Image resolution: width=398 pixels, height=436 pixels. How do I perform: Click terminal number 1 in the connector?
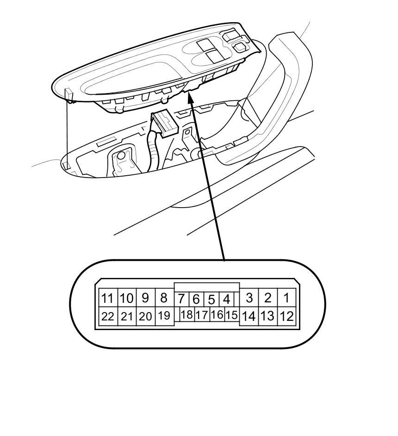click(286, 298)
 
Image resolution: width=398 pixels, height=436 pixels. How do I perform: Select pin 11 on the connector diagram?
click(107, 298)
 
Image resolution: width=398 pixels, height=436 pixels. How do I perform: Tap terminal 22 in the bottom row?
click(107, 317)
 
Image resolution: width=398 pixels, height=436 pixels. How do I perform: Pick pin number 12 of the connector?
click(286, 317)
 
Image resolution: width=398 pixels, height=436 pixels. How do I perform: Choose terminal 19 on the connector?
click(164, 317)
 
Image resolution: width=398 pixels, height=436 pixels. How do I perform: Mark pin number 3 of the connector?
click(249, 298)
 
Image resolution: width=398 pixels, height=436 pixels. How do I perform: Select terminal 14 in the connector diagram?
click(249, 317)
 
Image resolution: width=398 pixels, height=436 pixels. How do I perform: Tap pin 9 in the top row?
click(145, 298)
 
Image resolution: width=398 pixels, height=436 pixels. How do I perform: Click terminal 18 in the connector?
click(187, 315)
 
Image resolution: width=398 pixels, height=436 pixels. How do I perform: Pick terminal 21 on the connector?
click(127, 317)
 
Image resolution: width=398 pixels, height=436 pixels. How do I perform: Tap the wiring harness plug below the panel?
click(163, 123)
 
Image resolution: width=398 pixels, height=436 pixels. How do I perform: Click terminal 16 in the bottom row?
click(217, 315)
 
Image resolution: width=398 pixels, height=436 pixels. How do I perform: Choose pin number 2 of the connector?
click(267, 298)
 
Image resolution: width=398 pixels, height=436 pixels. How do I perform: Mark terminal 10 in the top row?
click(127, 298)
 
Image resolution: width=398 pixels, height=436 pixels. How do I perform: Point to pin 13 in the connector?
click(267, 317)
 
